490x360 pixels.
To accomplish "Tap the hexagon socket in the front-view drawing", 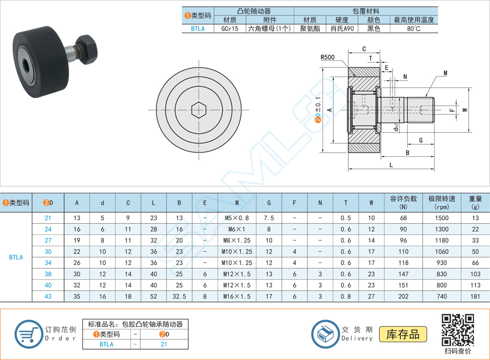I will (x=199, y=110).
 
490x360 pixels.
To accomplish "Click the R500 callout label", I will (x=327, y=57).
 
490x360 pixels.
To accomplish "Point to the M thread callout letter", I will (x=445, y=73).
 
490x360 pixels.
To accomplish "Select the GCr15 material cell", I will (x=230, y=29).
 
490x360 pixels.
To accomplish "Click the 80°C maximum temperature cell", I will (x=414, y=29).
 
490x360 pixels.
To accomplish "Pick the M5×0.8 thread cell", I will (x=236, y=218).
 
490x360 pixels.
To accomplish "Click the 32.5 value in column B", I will (x=179, y=296).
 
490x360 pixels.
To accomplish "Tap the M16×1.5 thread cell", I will (x=236, y=296).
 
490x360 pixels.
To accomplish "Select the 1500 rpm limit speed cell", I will (x=442, y=218).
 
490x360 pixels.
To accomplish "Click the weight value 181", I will (x=474, y=296).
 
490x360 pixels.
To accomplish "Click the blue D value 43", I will (x=48, y=296).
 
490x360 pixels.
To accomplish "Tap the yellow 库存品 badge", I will (x=403, y=334).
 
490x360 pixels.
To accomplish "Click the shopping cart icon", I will (x=28, y=334).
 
